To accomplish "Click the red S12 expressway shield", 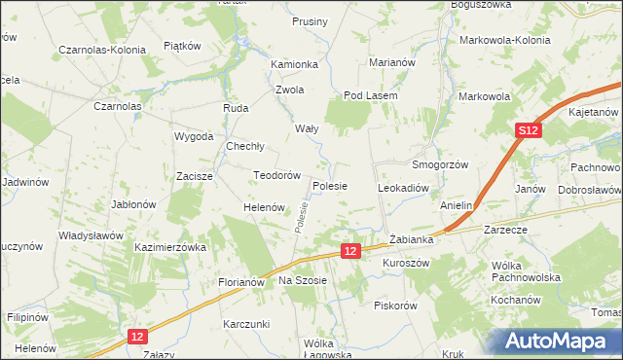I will pos(527,131).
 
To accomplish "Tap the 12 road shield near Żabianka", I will pos(352,251).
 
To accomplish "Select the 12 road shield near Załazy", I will pos(137,336).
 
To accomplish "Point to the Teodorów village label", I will pos(275,175).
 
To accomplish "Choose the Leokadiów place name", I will pos(403,187).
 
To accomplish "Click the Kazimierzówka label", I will pos(171,248).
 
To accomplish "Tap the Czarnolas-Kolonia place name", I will pos(102,49).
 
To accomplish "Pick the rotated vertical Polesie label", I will pos(303,217).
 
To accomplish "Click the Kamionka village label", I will pos(295,64).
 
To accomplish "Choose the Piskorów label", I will pos(395,305).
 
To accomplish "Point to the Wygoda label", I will pos(193,136).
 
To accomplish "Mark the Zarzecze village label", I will pos(503,231).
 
